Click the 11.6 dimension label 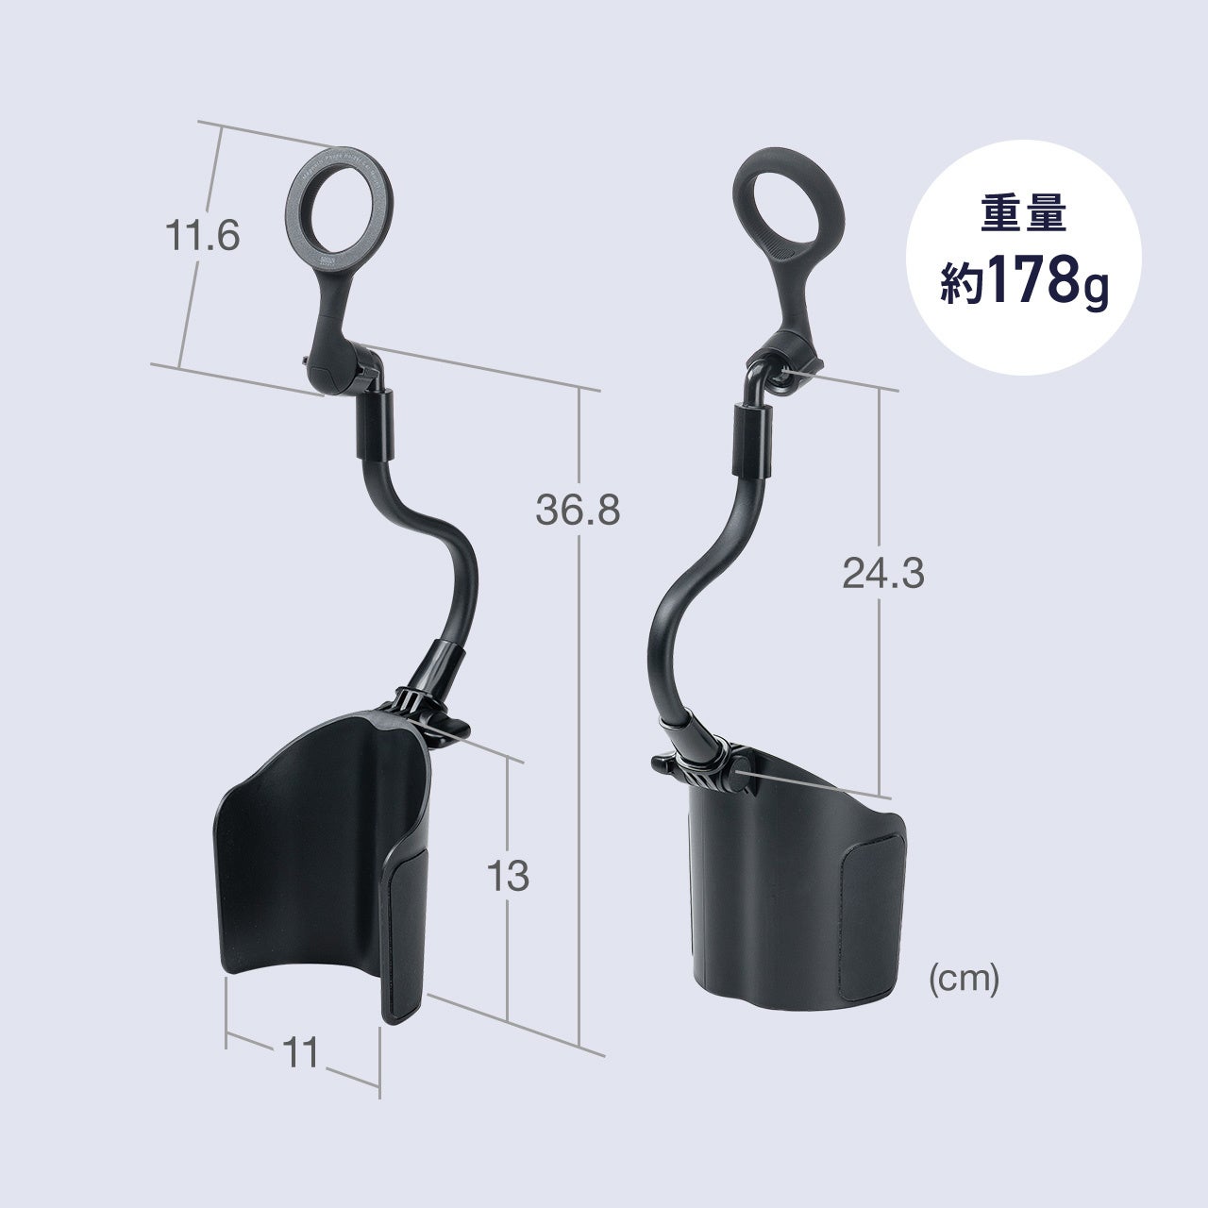(x=203, y=236)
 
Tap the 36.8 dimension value (x=578, y=510)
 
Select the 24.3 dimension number (x=882, y=573)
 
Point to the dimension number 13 (x=508, y=876)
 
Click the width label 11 (x=300, y=1051)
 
